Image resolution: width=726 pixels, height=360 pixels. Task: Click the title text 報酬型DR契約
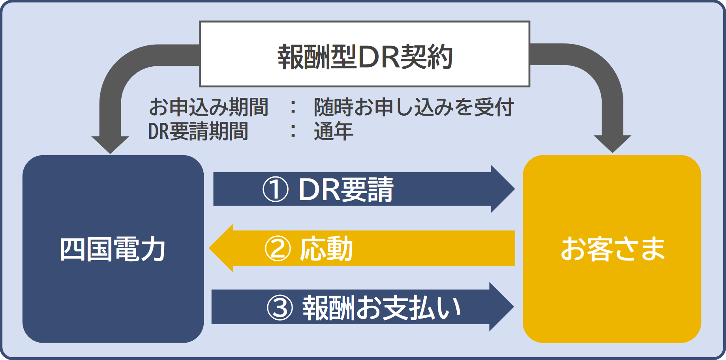coord(365,57)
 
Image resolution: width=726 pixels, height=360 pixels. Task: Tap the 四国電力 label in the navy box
coord(113,249)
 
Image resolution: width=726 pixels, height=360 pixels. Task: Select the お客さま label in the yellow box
coord(613,249)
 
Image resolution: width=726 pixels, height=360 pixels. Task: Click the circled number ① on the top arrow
coord(276,189)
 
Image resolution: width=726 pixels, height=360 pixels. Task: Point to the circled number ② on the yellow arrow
coord(278,249)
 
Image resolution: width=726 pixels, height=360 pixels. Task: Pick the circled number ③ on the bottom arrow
coord(280,307)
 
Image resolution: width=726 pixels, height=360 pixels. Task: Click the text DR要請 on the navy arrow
coord(346,189)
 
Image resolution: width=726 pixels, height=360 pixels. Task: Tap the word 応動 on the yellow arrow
coord(326,249)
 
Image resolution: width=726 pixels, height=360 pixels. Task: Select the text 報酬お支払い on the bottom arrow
coord(382,307)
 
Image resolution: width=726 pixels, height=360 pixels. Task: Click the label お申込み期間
coord(209,107)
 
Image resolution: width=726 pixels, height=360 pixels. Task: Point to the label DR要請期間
coord(198,131)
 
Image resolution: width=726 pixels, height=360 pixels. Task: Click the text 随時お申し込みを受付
coord(414,107)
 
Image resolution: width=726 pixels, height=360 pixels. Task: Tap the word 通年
coord(334,131)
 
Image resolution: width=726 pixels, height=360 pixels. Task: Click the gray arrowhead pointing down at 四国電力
coord(110,144)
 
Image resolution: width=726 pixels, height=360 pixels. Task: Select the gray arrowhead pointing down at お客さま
coord(612,144)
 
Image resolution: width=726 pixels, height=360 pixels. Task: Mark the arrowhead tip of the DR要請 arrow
coord(515,189)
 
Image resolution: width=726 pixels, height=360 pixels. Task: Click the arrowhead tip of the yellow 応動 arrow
coord(209,248)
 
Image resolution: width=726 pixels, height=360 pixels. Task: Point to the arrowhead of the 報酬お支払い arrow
coord(502,307)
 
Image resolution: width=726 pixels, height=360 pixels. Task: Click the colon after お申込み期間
coord(293,107)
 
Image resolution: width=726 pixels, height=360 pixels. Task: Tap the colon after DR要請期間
coord(293,131)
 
